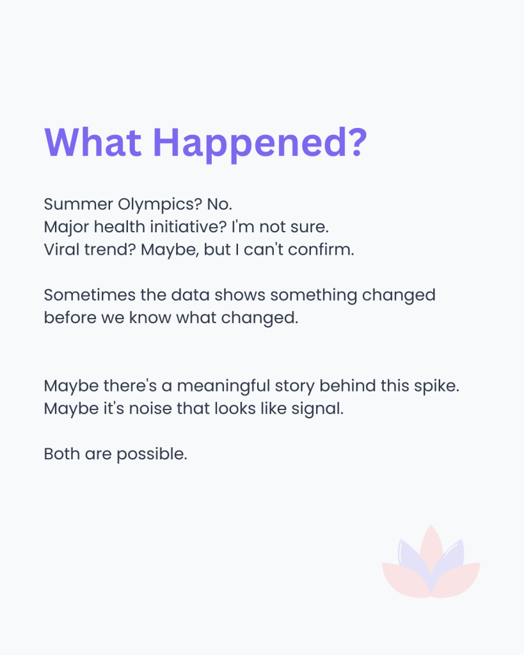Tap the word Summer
79,204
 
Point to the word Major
67,228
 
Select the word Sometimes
90,295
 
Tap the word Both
62,454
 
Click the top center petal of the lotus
431,548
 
